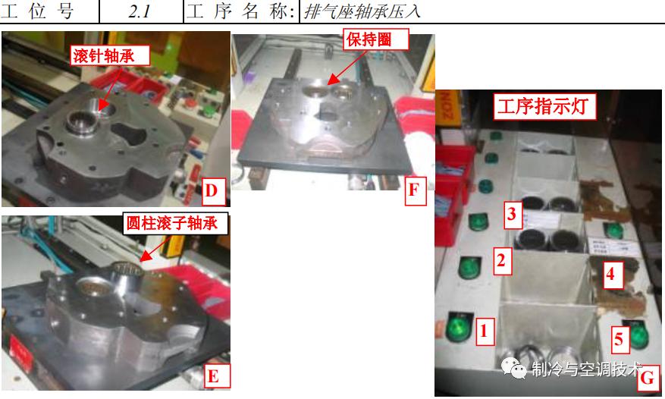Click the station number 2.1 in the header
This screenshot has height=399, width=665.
click(141, 11)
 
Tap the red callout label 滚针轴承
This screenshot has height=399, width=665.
click(110, 55)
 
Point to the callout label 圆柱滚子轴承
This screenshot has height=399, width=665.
click(175, 224)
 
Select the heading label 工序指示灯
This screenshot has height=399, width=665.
click(544, 107)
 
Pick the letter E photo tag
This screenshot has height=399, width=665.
click(214, 376)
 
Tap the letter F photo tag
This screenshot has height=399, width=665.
click(413, 190)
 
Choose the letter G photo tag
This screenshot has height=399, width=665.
click(648, 378)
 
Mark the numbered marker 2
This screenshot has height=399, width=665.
click(500, 259)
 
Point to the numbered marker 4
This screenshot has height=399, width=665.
click(610, 274)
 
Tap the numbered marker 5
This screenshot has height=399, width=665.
click(620, 339)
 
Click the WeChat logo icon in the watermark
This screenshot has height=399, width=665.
click(519, 369)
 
